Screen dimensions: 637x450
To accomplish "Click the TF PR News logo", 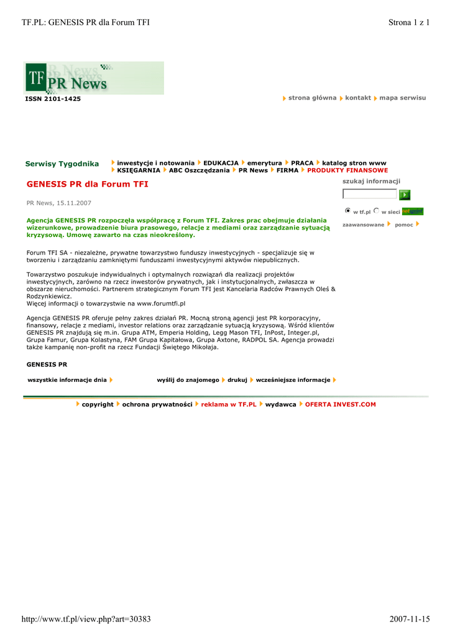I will click(x=93, y=78).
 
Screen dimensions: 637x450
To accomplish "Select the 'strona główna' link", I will click(x=312, y=98).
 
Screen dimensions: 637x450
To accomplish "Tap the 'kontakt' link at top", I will click(x=358, y=98).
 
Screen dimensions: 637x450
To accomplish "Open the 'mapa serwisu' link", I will click(x=402, y=98).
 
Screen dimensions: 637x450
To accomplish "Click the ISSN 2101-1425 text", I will click(x=53, y=99).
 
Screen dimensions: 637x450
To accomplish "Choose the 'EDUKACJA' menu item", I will click(x=221, y=162).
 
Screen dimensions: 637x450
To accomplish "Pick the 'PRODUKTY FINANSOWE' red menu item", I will click(x=347, y=170).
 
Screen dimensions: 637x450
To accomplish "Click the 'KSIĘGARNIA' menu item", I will click(x=139, y=170).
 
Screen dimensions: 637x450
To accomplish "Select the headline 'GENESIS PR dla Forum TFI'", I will click(x=88, y=184).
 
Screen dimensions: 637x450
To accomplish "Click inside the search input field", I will click(x=369, y=194).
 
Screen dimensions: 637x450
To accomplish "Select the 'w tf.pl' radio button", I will click(x=348, y=211).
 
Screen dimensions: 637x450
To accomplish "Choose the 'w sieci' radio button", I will click(x=377, y=211).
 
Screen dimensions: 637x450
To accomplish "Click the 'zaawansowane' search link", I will click(x=364, y=225).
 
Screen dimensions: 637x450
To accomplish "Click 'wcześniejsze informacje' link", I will click(x=293, y=379).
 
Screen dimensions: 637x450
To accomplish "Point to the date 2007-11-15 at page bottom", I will click(x=410, y=619).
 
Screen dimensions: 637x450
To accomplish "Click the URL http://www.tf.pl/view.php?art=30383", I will click(x=86, y=619).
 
